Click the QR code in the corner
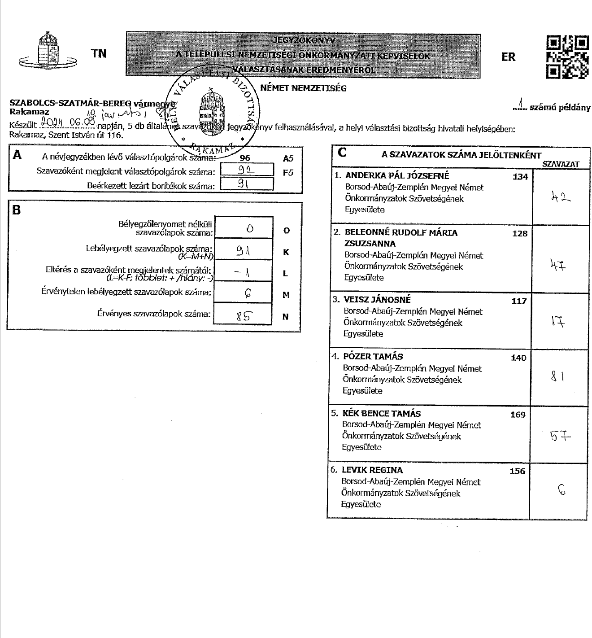pyautogui.click(x=567, y=57)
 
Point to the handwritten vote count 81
pyautogui.click(x=557, y=377)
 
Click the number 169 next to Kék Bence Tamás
pyautogui.click(x=518, y=415)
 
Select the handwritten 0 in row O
pyautogui.click(x=250, y=228)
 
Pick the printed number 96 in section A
pyautogui.click(x=245, y=158)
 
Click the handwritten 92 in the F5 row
pyautogui.click(x=246, y=170)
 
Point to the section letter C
pyautogui.click(x=342, y=153)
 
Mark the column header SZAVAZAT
pyautogui.click(x=561, y=164)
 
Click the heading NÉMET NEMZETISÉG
pyautogui.click(x=303, y=88)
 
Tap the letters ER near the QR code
pyautogui.click(x=509, y=57)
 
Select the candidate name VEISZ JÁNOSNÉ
pyautogui.click(x=377, y=300)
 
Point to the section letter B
pyautogui.click(x=17, y=210)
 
